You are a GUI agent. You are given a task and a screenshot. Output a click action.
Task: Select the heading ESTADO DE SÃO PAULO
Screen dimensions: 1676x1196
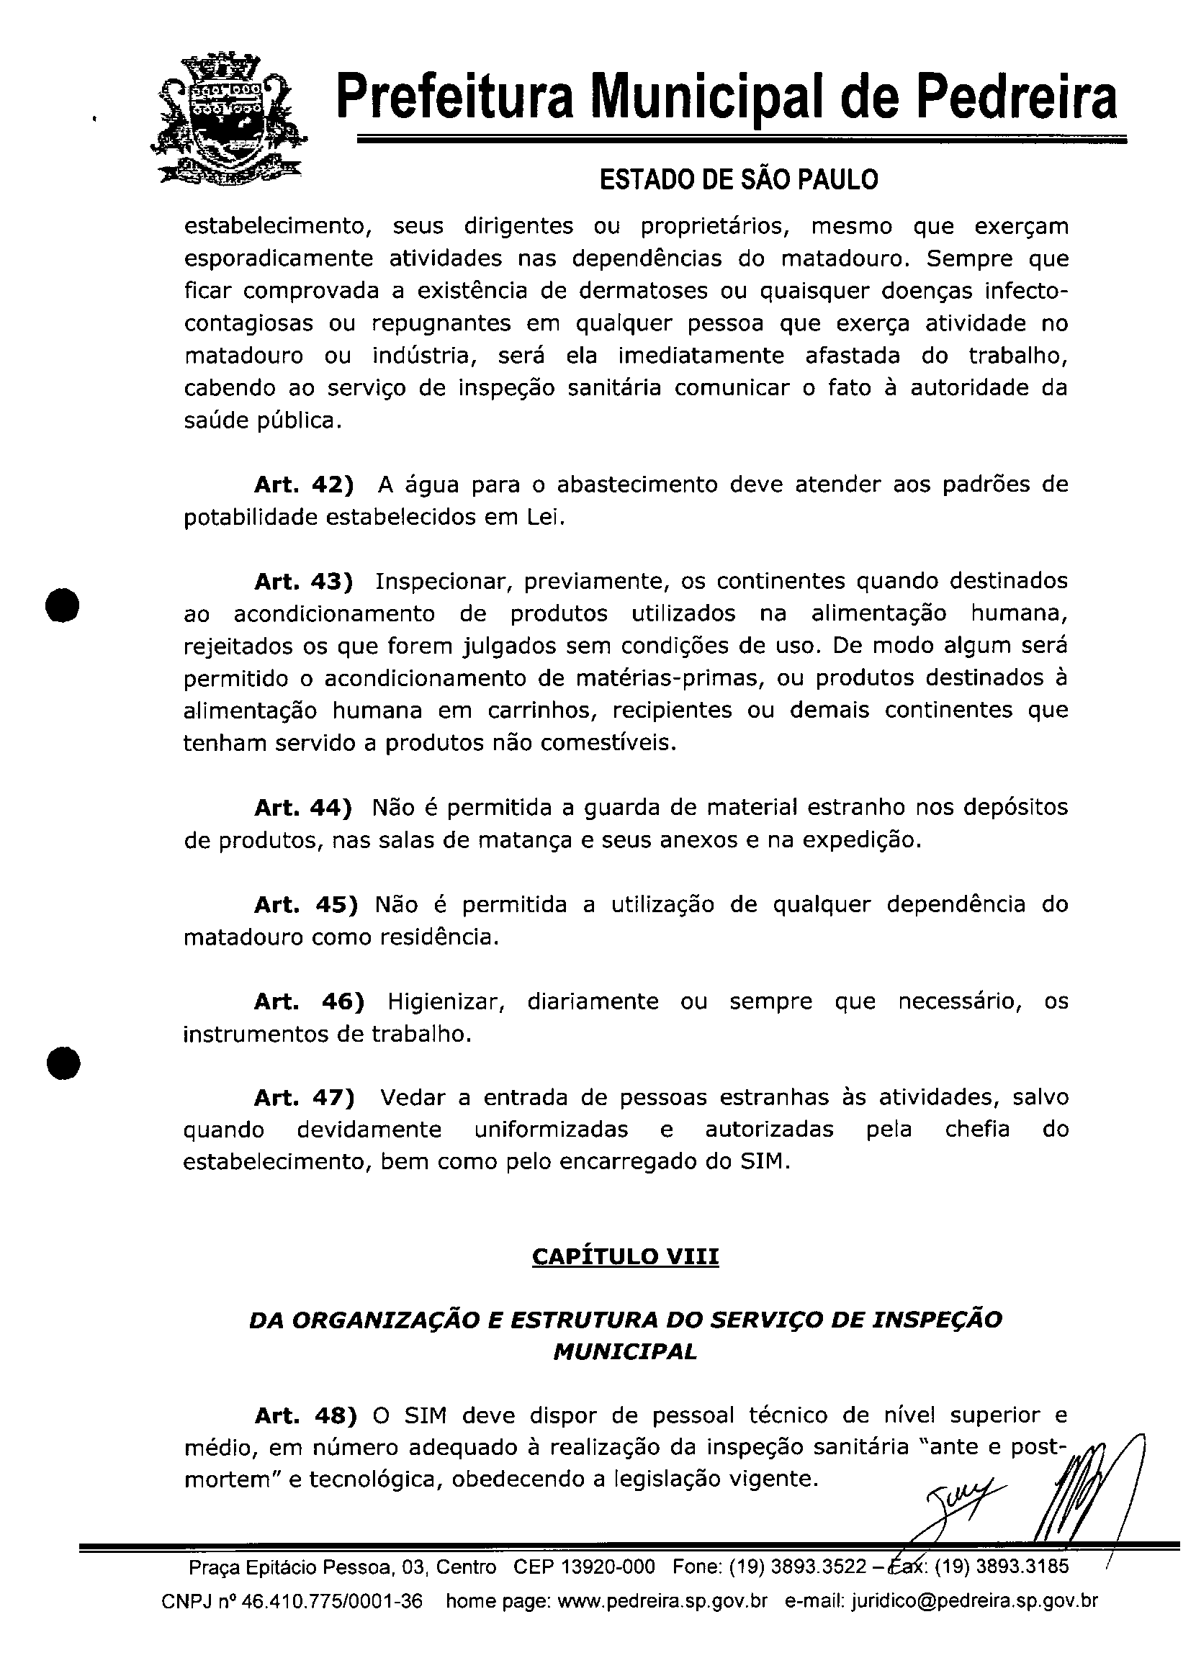[739, 179]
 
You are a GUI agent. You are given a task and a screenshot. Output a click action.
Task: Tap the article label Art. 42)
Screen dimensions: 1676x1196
[303, 485]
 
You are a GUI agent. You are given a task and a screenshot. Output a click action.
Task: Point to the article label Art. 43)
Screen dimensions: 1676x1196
[303, 582]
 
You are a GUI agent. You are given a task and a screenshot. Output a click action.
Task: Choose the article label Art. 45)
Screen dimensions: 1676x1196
[305, 904]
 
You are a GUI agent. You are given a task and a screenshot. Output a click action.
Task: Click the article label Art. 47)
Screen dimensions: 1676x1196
[304, 1097]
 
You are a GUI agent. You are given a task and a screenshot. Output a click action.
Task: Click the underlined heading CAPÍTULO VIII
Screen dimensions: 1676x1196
[625, 1256]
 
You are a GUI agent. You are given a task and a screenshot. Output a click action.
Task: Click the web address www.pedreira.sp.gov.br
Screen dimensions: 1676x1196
[663, 1622]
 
